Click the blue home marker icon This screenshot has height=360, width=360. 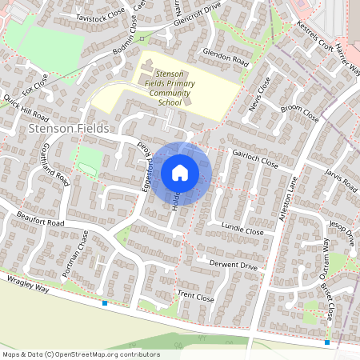pyautogui.click(x=179, y=173)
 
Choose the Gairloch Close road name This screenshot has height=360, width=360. pyautogui.click(x=255, y=161)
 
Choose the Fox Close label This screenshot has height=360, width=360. pyautogui.click(x=35, y=82)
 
